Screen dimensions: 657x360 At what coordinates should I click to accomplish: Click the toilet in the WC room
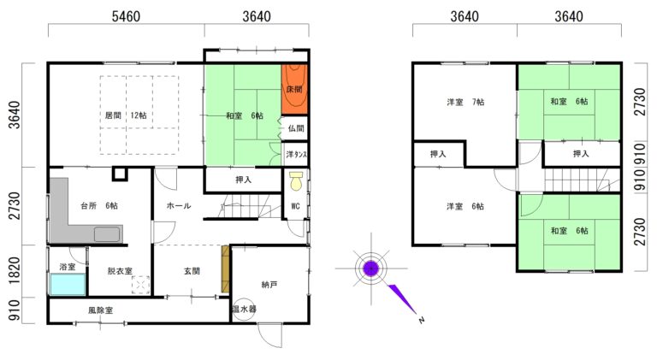[297, 180]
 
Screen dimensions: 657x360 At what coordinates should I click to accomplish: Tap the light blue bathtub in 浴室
[68, 284]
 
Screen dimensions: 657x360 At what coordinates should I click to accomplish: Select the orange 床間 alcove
[294, 89]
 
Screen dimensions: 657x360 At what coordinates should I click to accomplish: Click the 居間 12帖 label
[125, 115]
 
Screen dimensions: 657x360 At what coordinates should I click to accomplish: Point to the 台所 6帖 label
[99, 205]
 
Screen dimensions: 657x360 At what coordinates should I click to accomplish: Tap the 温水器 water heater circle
[244, 310]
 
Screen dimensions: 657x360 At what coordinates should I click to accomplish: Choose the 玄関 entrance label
[192, 271]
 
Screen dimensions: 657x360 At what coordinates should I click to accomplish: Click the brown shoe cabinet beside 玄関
[226, 269]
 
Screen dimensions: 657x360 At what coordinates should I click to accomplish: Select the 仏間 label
[296, 128]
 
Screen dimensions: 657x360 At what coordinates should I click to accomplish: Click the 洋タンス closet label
[296, 155]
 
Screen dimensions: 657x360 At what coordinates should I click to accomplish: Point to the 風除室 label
[101, 310]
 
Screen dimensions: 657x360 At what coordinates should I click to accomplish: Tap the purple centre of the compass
[370, 268]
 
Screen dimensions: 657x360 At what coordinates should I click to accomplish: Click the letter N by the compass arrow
[422, 320]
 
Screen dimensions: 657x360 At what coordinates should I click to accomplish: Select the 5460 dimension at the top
[126, 16]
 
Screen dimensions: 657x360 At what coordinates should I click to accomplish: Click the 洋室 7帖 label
[465, 102]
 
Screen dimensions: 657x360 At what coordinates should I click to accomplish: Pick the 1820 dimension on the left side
[15, 270]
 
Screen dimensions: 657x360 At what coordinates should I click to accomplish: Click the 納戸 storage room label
[269, 285]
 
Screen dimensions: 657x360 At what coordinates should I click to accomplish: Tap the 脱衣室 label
[120, 271]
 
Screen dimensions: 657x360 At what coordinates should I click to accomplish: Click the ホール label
[179, 205]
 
